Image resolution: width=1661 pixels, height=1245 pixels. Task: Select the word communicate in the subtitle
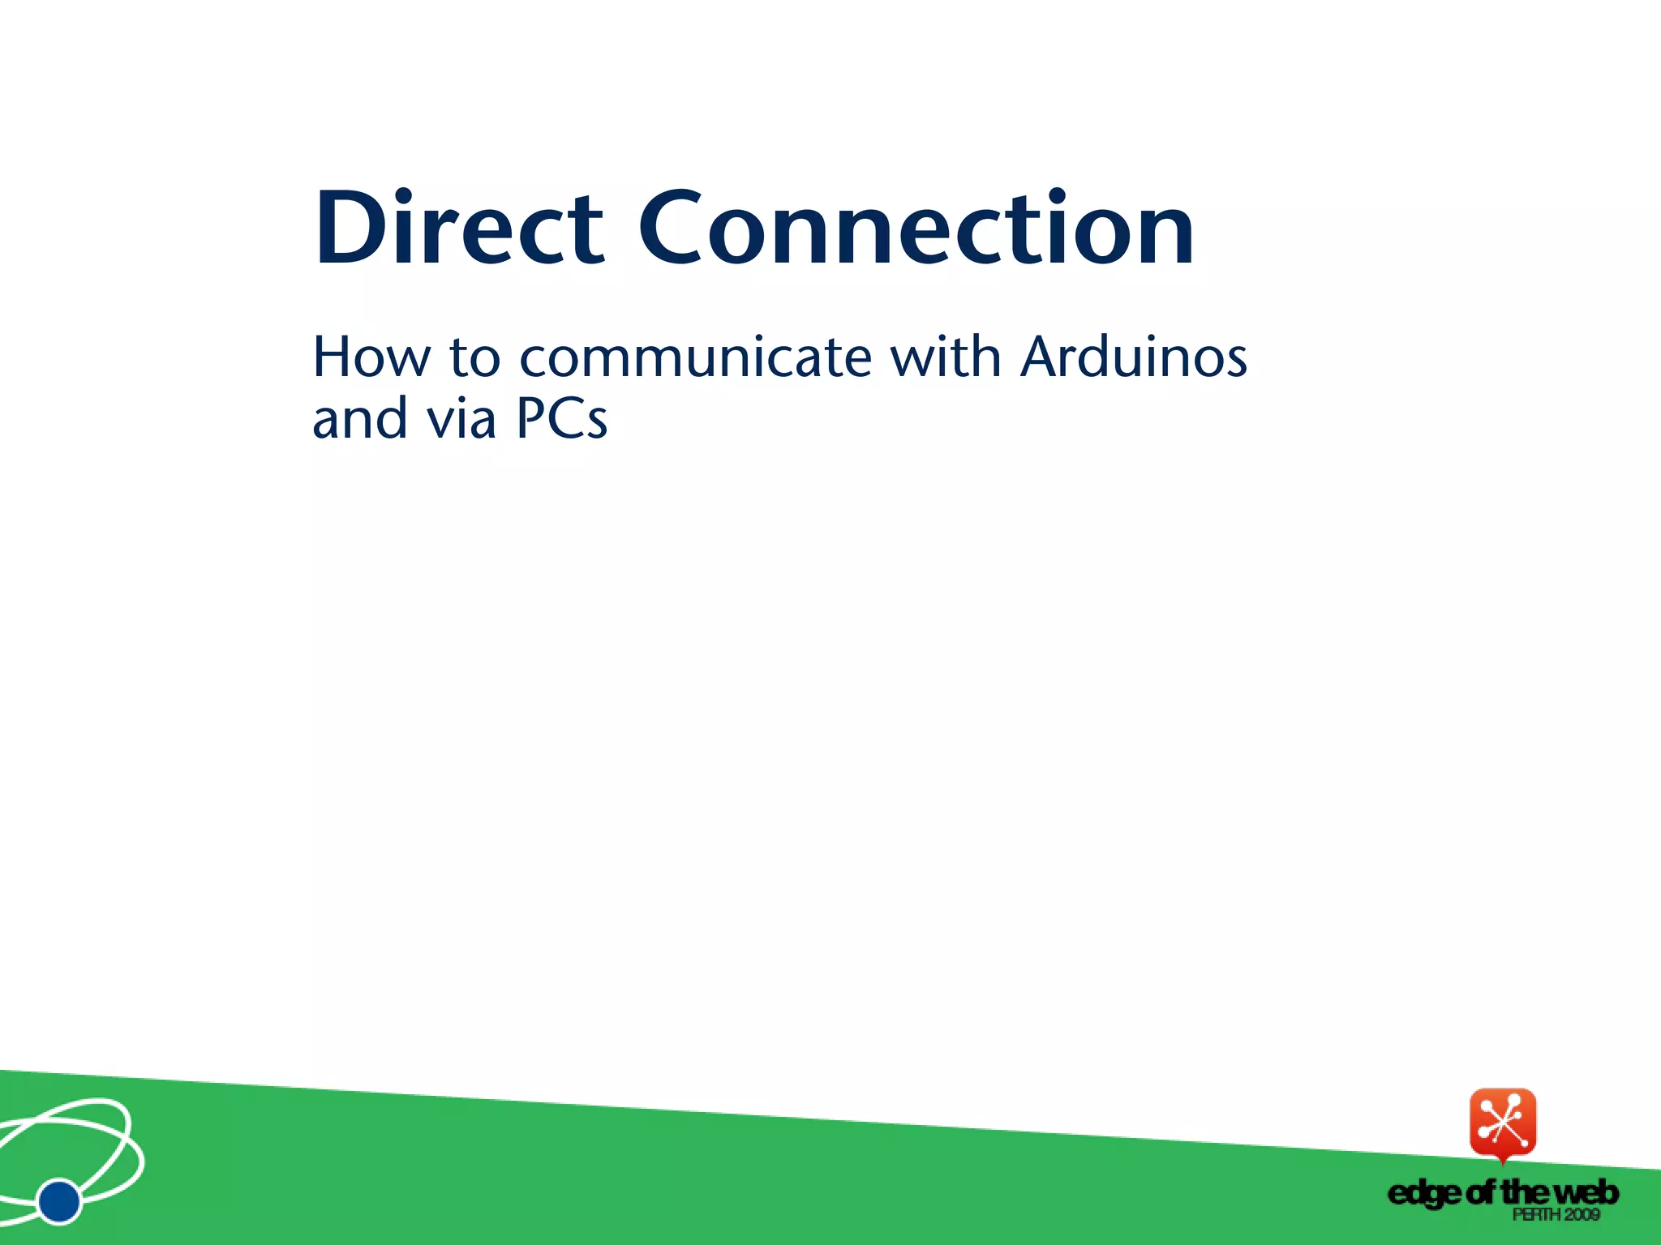pyautogui.click(x=696, y=357)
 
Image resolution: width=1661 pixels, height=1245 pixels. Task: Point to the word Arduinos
pyautogui.click(x=1134, y=357)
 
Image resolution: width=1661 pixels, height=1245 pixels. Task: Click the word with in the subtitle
pyautogui.click(x=946, y=357)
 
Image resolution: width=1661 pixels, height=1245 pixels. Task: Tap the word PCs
pyautogui.click(x=561, y=419)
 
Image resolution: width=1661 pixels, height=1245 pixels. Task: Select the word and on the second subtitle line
pyautogui.click(x=359, y=419)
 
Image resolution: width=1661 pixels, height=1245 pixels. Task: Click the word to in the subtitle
pyautogui.click(x=474, y=358)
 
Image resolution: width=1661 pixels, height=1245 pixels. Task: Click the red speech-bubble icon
pyautogui.click(x=1503, y=1123)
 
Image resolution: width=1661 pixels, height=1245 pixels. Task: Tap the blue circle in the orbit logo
pyautogui.click(x=59, y=1201)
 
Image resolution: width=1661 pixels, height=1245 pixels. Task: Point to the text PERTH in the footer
pyautogui.click(x=1536, y=1214)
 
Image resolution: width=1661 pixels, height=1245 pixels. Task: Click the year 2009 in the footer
pyautogui.click(x=1582, y=1214)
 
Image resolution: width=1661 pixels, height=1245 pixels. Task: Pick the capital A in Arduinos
pyautogui.click(x=1042, y=357)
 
